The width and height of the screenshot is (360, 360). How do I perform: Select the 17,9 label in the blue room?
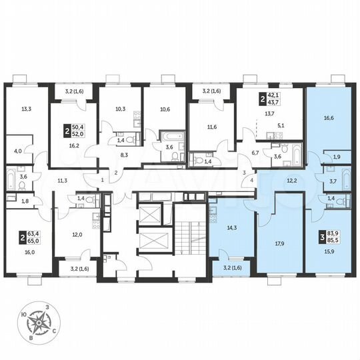click(279, 243)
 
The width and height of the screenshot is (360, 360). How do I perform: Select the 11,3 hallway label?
click(61, 180)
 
